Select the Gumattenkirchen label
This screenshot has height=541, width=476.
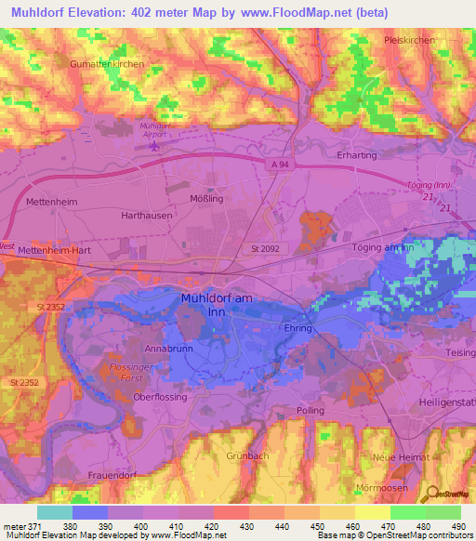[x=106, y=63]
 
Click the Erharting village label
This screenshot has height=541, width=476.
[x=357, y=155]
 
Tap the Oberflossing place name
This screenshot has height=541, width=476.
[x=160, y=397]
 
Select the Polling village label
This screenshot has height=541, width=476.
[x=310, y=410]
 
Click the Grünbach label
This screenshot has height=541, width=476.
[x=246, y=456]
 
